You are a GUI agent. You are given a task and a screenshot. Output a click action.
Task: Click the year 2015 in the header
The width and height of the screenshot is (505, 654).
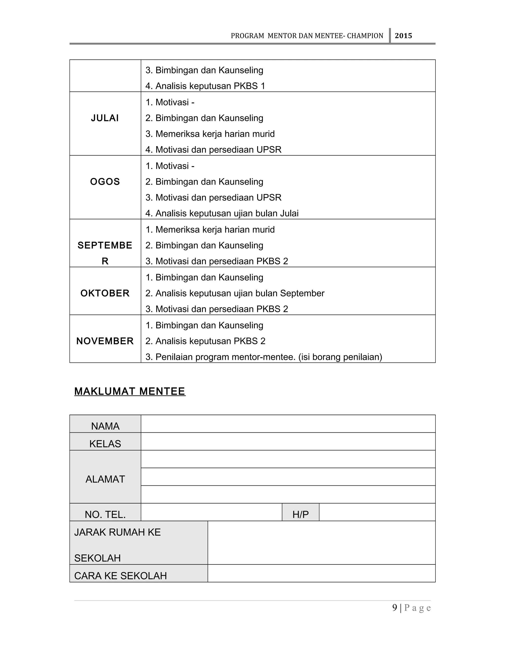(403, 36)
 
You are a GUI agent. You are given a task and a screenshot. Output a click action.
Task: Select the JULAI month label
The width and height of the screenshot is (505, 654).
(105, 118)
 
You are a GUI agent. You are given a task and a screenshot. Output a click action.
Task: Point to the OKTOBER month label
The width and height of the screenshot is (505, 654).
(105, 293)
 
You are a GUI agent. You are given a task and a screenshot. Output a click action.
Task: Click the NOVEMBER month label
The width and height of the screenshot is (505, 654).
(105, 341)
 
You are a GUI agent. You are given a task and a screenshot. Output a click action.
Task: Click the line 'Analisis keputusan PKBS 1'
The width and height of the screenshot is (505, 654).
(205, 86)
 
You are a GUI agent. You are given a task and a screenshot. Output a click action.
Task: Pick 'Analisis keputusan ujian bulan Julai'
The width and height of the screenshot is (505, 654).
(222, 213)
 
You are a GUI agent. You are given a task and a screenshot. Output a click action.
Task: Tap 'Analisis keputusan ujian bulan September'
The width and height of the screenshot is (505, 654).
(235, 293)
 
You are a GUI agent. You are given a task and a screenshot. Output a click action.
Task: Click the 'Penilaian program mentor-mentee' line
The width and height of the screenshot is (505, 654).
(264, 357)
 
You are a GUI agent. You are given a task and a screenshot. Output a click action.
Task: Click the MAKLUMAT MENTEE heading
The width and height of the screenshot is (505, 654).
(130, 391)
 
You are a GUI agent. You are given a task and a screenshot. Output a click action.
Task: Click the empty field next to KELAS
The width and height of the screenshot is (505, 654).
(288, 442)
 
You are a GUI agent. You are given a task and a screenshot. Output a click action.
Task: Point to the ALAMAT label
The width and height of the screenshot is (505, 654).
(105, 479)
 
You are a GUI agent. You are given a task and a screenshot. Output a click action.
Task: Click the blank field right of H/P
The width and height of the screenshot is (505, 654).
(377, 512)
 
